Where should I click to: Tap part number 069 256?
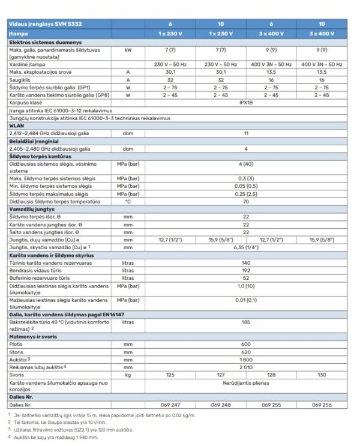(322, 405)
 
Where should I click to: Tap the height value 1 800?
(246, 359)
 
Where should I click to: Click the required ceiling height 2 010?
(246, 366)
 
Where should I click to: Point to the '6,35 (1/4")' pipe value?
(246, 247)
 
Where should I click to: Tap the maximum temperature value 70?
(246, 202)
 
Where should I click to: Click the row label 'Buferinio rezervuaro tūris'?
(37, 277)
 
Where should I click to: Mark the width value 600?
(246, 344)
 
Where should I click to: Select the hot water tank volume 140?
(246, 262)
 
